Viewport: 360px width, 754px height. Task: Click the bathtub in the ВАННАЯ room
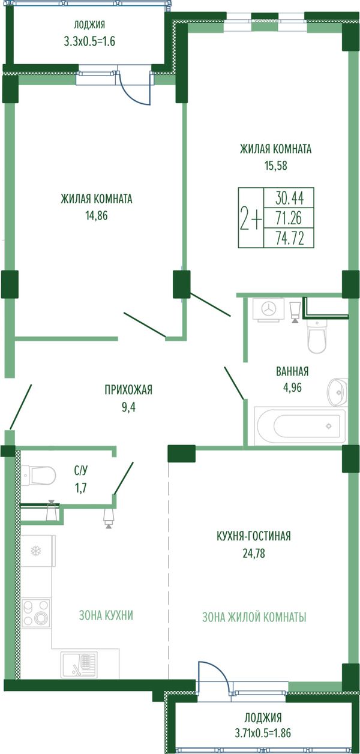tap(300, 425)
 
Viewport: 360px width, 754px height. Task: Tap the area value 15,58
tap(276, 166)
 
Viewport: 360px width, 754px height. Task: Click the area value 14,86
tap(97, 216)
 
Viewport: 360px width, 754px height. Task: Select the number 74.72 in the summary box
tap(290, 238)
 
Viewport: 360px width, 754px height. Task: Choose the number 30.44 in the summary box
tap(290, 198)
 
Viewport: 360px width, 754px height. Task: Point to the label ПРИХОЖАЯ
tap(128, 390)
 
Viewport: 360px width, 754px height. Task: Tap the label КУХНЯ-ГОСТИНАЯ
tap(254, 536)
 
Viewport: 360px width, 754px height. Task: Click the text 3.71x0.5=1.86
tap(263, 732)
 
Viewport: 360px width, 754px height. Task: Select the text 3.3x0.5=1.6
tap(89, 41)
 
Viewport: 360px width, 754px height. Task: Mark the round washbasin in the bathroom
tap(337, 392)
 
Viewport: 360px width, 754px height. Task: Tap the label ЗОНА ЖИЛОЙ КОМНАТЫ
tap(254, 617)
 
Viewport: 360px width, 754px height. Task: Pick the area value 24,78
tap(254, 553)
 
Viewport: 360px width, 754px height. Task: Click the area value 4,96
tap(292, 387)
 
